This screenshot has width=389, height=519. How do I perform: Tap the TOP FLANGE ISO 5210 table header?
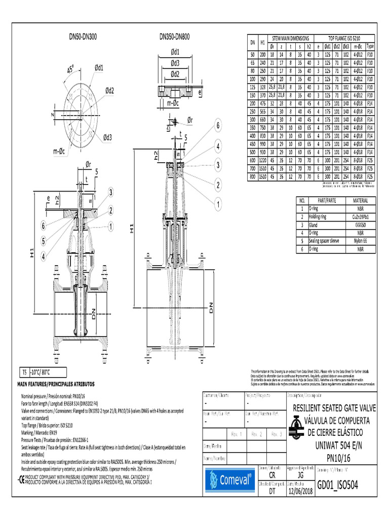tap(344, 39)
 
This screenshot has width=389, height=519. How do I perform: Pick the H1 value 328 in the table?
tap(263, 87)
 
